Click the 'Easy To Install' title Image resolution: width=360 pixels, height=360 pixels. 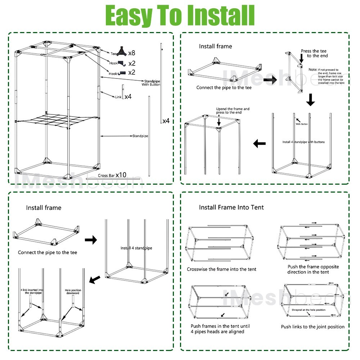pos(180,16)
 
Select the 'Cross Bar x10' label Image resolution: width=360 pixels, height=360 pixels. pos(112,175)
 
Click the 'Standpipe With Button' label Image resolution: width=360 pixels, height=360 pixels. pos(151,83)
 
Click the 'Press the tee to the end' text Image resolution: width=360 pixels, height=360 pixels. pos(314,54)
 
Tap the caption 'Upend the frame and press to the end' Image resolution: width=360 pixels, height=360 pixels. pos(233,111)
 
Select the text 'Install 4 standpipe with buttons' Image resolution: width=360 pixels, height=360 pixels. pos(303,142)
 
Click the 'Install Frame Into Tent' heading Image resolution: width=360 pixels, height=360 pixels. pos(231,207)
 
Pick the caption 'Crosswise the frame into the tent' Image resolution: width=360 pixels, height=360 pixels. pos(221,269)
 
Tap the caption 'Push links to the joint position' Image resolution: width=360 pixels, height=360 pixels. pos(312,327)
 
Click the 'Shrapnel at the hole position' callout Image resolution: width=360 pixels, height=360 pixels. pos(308,310)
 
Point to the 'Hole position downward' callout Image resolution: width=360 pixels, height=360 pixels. pos(73,292)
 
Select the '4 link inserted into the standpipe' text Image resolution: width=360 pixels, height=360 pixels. pos(32,291)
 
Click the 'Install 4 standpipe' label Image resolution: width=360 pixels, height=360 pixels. pos(136,248)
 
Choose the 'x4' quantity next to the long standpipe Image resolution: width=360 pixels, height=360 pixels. pos(166,121)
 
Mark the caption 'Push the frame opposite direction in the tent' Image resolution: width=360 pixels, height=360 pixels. pos(313,269)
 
